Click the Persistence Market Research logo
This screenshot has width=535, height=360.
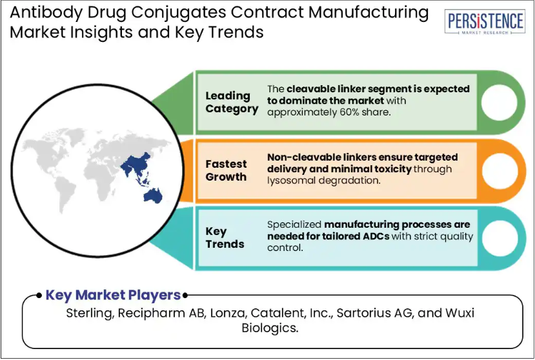[x=485, y=22]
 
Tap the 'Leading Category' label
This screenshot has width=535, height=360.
[x=232, y=102]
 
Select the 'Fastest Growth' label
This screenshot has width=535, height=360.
[x=226, y=170]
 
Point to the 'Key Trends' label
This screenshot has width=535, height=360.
[x=225, y=237]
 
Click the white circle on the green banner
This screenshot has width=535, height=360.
[x=499, y=103]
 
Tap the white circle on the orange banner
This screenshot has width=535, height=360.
[x=500, y=170]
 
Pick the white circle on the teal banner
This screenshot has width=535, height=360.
[x=500, y=238]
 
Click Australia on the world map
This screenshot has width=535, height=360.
[x=153, y=196]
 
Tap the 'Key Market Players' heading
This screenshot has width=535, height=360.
[x=113, y=295]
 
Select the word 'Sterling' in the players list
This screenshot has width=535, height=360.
[x=90, y=314]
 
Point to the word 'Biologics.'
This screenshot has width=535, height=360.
[x=270, y=328]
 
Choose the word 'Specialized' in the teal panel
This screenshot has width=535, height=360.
[x=294, y=225]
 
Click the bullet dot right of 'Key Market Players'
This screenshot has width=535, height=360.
[x=185, y=295]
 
